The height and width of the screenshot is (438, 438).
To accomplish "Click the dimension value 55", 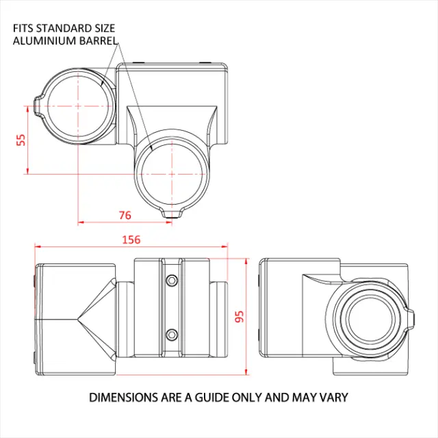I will click(x=21, y=139).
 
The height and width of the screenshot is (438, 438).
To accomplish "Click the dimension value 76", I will click(x=125, y=215).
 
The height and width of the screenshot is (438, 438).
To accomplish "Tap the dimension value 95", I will click(x=239, y=317).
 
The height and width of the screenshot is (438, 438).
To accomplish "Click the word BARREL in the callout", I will click(x=94, y=40).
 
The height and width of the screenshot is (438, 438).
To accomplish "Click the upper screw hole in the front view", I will click(x=172, y=281).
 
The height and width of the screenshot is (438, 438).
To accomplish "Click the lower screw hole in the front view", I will click(x=172, y=334).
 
